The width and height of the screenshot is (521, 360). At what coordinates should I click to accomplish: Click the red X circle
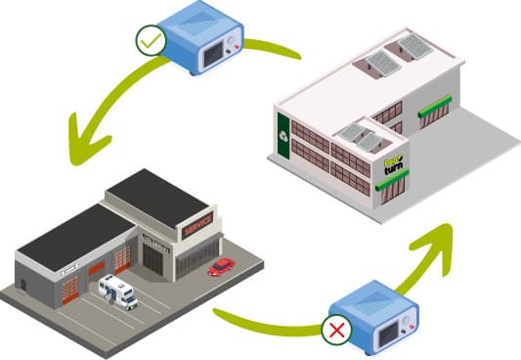click(x=337, y=330)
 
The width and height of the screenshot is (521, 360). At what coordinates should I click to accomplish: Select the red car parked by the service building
click(x=221, y=266)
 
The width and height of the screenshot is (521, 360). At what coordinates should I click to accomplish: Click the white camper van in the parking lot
click(x=118, y=291)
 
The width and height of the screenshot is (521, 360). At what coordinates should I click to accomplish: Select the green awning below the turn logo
click(x=392, y=181)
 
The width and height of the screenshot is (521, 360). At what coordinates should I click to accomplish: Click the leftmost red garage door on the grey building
click(x=71, y=288)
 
